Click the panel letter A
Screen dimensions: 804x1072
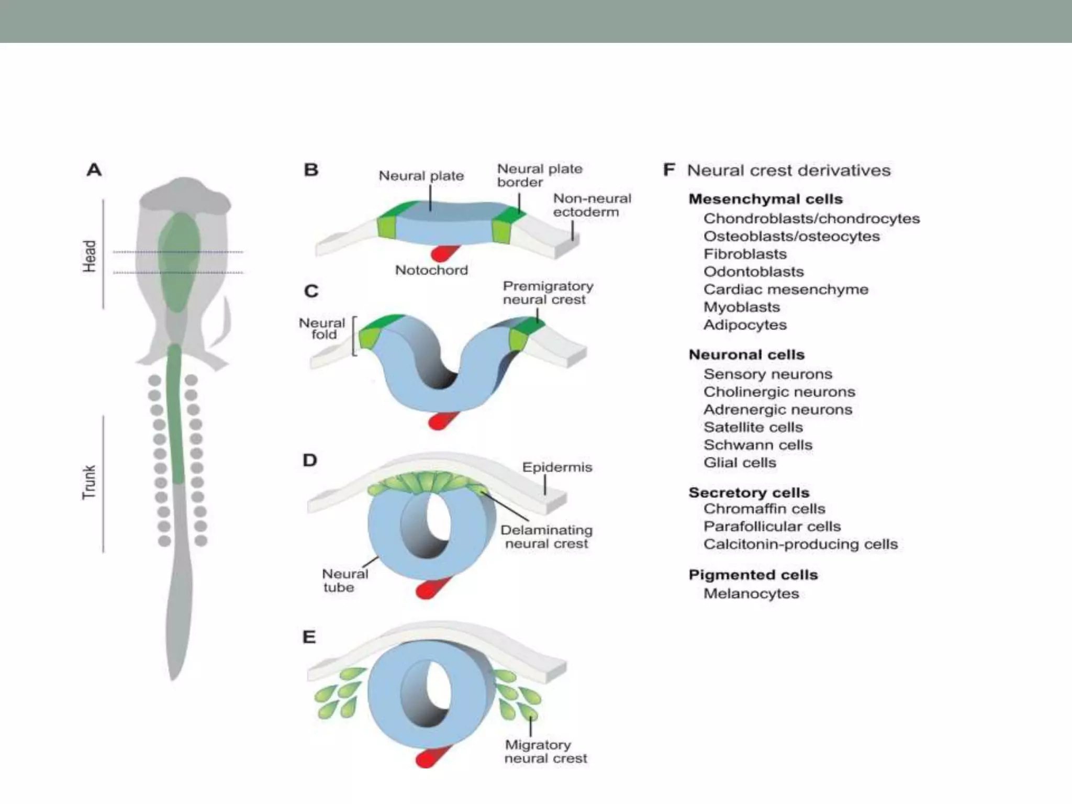point(94,170)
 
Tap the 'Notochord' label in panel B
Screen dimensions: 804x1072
point(431,270)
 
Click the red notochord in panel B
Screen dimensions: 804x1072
point(443,253)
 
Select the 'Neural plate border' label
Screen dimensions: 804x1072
point(539,175)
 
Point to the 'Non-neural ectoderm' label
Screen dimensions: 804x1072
point(591,205)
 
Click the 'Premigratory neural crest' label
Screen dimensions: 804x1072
point(548,293)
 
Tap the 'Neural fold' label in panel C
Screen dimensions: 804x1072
point(322,329)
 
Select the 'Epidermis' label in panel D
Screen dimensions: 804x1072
point(557,467)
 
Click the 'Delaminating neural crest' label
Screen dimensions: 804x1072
point(546,537)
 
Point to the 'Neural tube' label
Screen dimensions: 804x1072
point(344,580)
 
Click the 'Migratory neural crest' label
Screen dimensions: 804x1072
point(545,751)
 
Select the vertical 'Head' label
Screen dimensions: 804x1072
point(90,256)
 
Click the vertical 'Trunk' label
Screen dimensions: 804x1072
point(90,482)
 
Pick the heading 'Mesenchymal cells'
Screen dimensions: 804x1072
point(765,199)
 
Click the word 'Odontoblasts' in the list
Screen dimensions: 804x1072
point(753,272)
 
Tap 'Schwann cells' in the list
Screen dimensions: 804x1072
point(757,445)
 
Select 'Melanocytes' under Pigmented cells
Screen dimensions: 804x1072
point(751,594)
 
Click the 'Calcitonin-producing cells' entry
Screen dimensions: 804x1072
point(800,544)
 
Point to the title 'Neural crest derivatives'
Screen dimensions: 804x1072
point(788,170)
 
